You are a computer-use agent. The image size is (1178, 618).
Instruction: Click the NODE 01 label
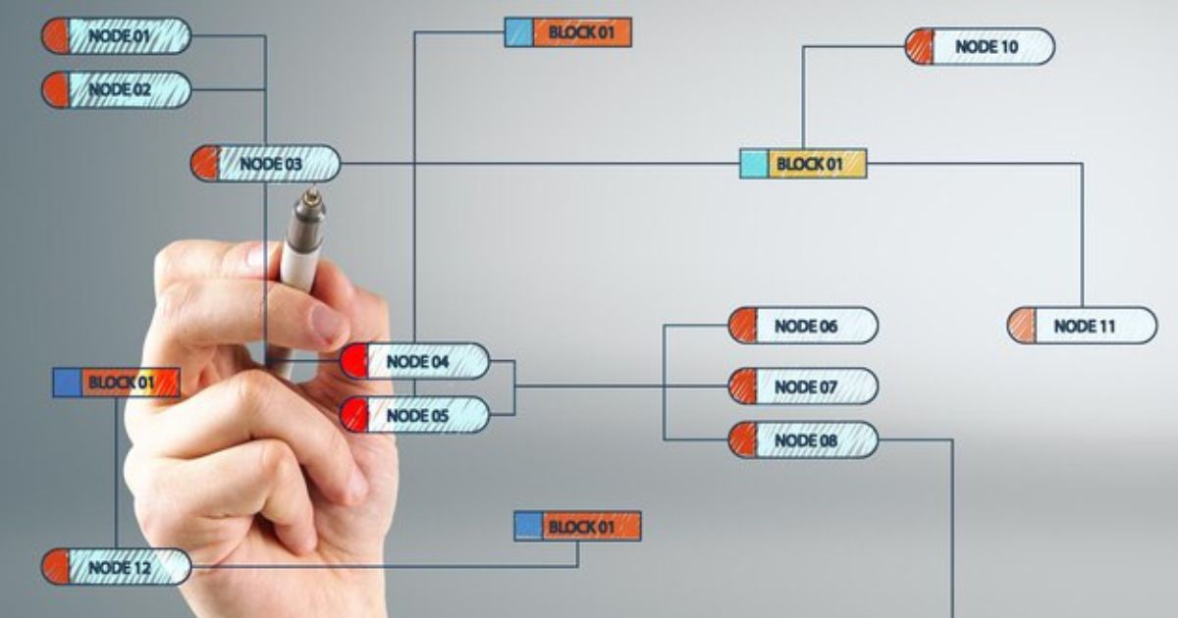(120, 36)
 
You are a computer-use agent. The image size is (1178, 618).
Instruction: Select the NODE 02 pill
(116, 90)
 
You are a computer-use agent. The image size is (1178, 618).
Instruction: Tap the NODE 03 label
(271, 164)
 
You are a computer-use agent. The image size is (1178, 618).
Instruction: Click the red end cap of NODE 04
(354, 361)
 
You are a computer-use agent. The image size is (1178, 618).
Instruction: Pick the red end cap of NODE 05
(354, 415)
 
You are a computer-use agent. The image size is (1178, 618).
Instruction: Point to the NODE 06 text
(806, 327)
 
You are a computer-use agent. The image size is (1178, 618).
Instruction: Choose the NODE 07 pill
(803, 386)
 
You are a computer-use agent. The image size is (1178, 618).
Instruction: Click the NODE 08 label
(806, 440)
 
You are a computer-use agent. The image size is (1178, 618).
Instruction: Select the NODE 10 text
(987, 47)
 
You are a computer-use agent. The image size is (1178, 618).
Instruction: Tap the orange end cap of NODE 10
(919, 47)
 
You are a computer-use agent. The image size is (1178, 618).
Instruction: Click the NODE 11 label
(1085, 327)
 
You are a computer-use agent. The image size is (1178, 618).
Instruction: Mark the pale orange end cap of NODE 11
(1021, 326)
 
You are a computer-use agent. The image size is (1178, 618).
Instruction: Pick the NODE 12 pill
(116, 567)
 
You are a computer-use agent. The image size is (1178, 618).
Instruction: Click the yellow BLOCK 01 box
(817, 164)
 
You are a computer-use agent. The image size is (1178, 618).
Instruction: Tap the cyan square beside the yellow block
(754, 164)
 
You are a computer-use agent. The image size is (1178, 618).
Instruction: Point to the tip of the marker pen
(312, 193)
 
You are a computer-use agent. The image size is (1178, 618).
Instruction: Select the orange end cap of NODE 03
(204, 164)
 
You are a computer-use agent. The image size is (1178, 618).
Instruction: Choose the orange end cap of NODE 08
(742, 439)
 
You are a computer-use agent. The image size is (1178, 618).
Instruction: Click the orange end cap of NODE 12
(56, 567)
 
